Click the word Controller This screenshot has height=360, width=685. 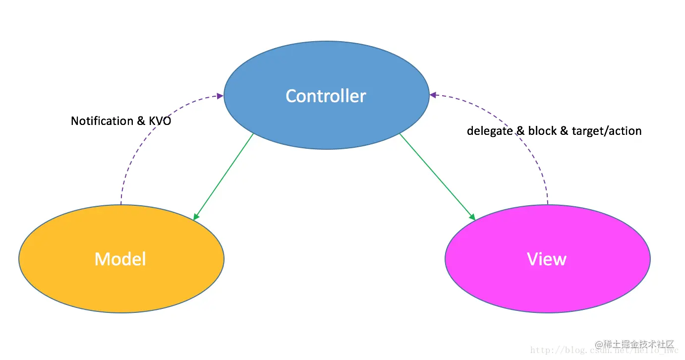click(x=326, y=96)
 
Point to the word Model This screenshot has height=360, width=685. click(x=120, y=259)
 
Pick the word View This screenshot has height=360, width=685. click(x=547, y=259)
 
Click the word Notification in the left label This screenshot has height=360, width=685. click(x=102, y=121)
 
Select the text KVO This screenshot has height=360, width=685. click(x=160, y=121)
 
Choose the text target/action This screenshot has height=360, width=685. click(x=607, y=131)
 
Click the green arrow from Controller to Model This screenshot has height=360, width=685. click(x=224, y=176)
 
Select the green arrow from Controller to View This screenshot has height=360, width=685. click(x=436, y=176)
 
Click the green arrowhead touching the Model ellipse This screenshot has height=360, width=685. click(x=196, y=217)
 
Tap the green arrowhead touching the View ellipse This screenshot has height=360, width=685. click(x=472, y=217)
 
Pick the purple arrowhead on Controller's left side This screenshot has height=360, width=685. click(x=220, y=96)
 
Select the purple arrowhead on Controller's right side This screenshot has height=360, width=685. click(x=433, y=95)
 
